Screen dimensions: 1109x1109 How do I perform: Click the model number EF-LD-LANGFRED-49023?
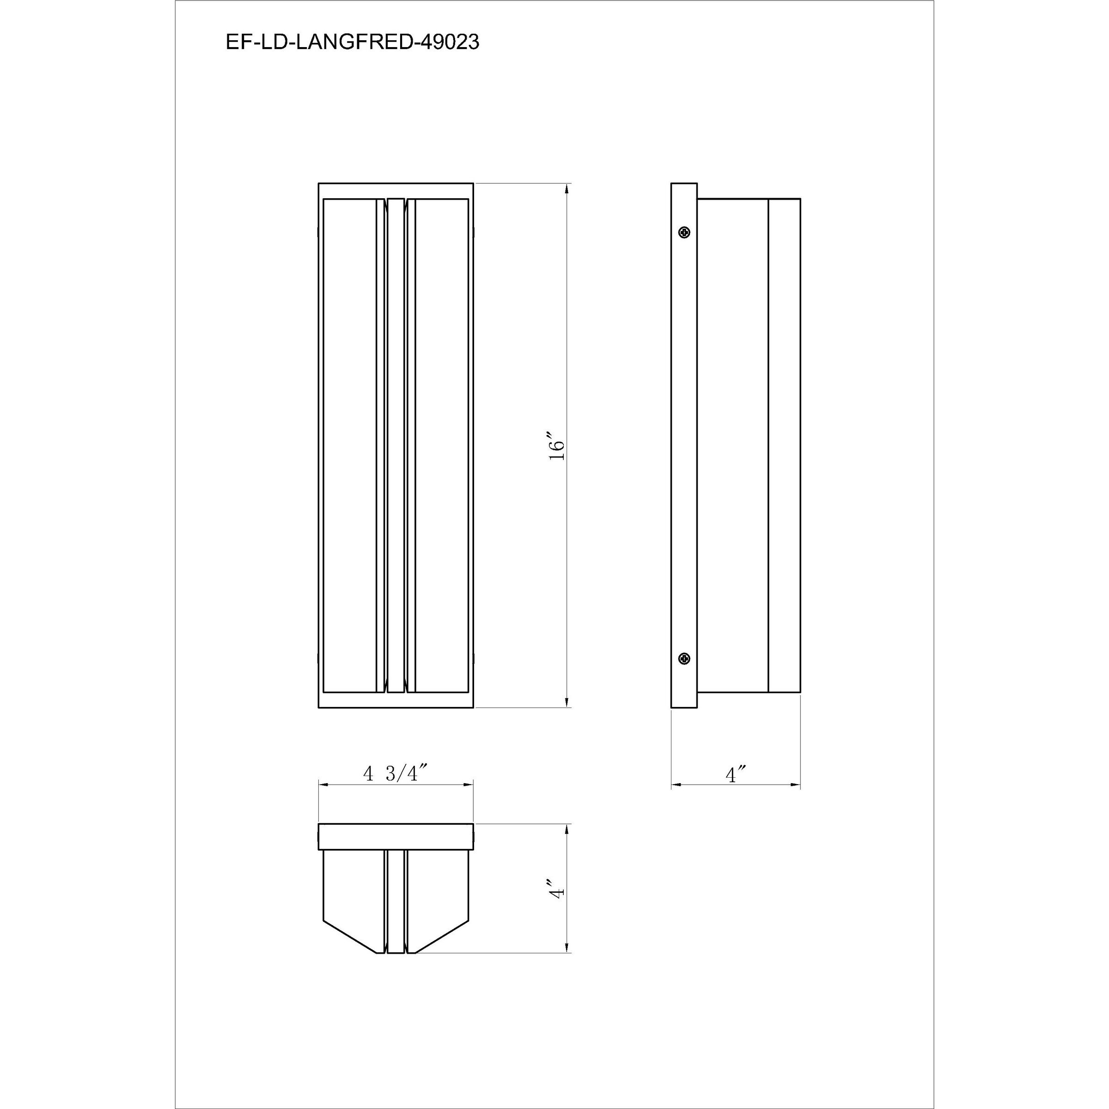point(353,43)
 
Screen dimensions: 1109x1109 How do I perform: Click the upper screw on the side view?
point(684,232)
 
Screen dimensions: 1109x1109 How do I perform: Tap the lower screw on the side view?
point(684,658)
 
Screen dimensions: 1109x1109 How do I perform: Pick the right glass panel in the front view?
point(441,445)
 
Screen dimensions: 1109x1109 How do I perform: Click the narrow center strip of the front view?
point(396,445)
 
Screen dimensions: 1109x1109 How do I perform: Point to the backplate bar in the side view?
point(684,445)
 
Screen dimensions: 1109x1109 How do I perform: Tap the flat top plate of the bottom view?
point(396,837)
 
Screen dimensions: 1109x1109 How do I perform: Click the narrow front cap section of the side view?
point(784,445)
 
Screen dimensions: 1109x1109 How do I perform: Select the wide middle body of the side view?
point(733,445)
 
